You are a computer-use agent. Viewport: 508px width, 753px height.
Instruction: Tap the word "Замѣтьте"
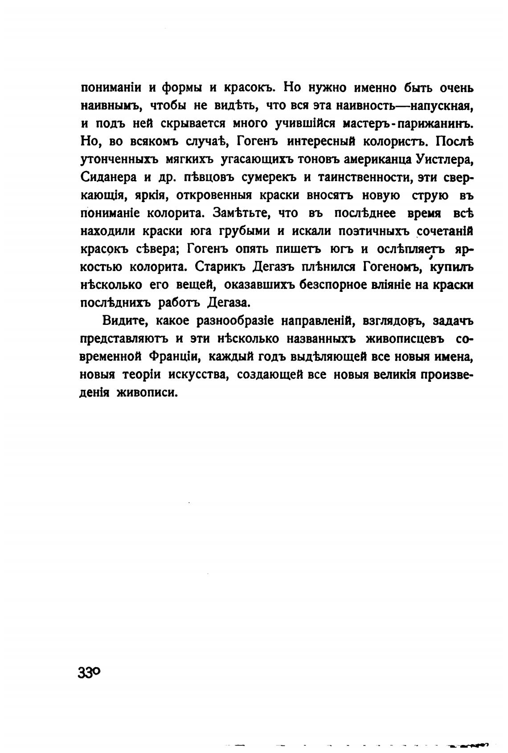(x=240, y=213)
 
